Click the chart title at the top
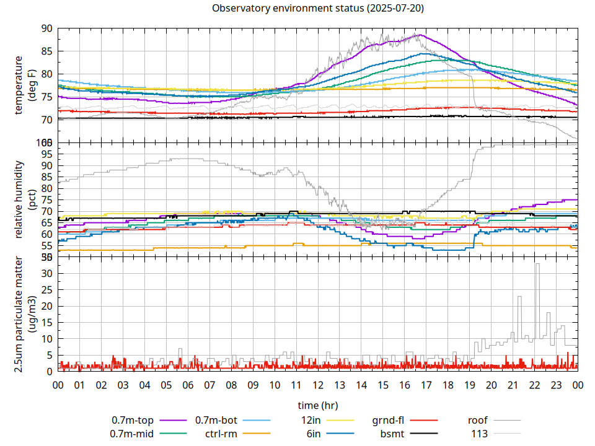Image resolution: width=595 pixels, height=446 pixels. (318, 8)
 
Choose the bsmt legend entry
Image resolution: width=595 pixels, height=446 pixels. (392, 434)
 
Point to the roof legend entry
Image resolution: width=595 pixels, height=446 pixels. (478, 420)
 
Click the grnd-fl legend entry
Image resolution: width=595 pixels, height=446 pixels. (388, 420)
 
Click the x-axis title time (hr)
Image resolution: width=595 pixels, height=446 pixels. (318, 405)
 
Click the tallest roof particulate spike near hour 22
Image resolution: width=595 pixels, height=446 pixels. (537, 264)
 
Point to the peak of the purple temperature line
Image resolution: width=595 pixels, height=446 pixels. (420, 35)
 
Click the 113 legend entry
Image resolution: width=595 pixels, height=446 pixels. (480, 434)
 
